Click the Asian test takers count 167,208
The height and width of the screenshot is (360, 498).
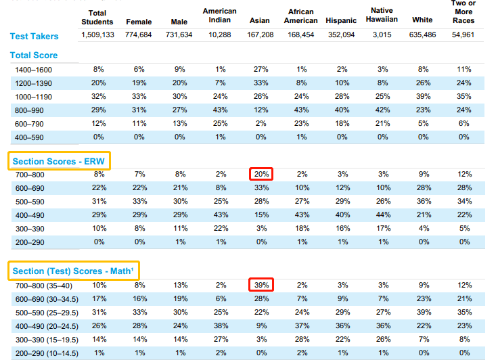259,35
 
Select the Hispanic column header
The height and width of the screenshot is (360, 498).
340,20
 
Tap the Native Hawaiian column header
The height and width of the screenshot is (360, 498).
382,16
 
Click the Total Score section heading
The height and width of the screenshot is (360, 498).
34,55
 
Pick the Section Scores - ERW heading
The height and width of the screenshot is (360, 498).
60,160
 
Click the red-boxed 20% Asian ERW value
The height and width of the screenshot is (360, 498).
260,174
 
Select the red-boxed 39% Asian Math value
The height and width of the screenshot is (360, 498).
260,286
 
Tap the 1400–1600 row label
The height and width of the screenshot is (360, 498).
34,70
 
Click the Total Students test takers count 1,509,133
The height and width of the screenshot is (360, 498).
98,35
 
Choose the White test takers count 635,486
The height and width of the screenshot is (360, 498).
422,35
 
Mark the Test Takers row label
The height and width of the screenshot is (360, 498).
35,36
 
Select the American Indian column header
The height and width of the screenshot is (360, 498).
220,16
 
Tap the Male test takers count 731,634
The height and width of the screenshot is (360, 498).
179,35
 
